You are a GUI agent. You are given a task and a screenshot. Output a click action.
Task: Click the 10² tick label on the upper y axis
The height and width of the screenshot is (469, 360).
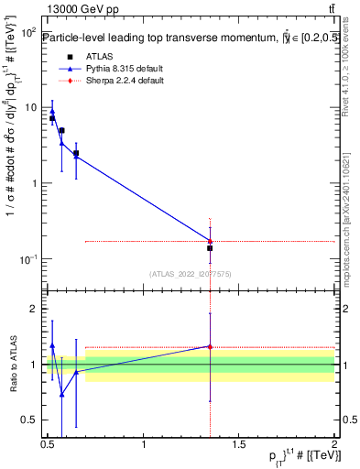28,32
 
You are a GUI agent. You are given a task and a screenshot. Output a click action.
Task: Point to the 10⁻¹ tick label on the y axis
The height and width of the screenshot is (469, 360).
28,259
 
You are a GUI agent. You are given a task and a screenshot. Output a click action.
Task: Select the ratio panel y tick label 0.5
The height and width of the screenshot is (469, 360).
28,420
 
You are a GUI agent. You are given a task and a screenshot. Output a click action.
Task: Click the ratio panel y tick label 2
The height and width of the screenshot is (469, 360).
33,309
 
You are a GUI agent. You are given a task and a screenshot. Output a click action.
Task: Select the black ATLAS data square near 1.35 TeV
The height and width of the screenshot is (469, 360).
211,248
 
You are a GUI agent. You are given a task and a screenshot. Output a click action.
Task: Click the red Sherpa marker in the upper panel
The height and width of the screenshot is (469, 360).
211,241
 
